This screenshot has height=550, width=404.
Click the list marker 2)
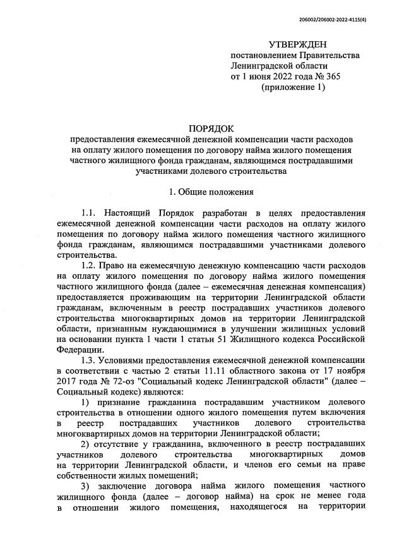[x=89, y=449]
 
